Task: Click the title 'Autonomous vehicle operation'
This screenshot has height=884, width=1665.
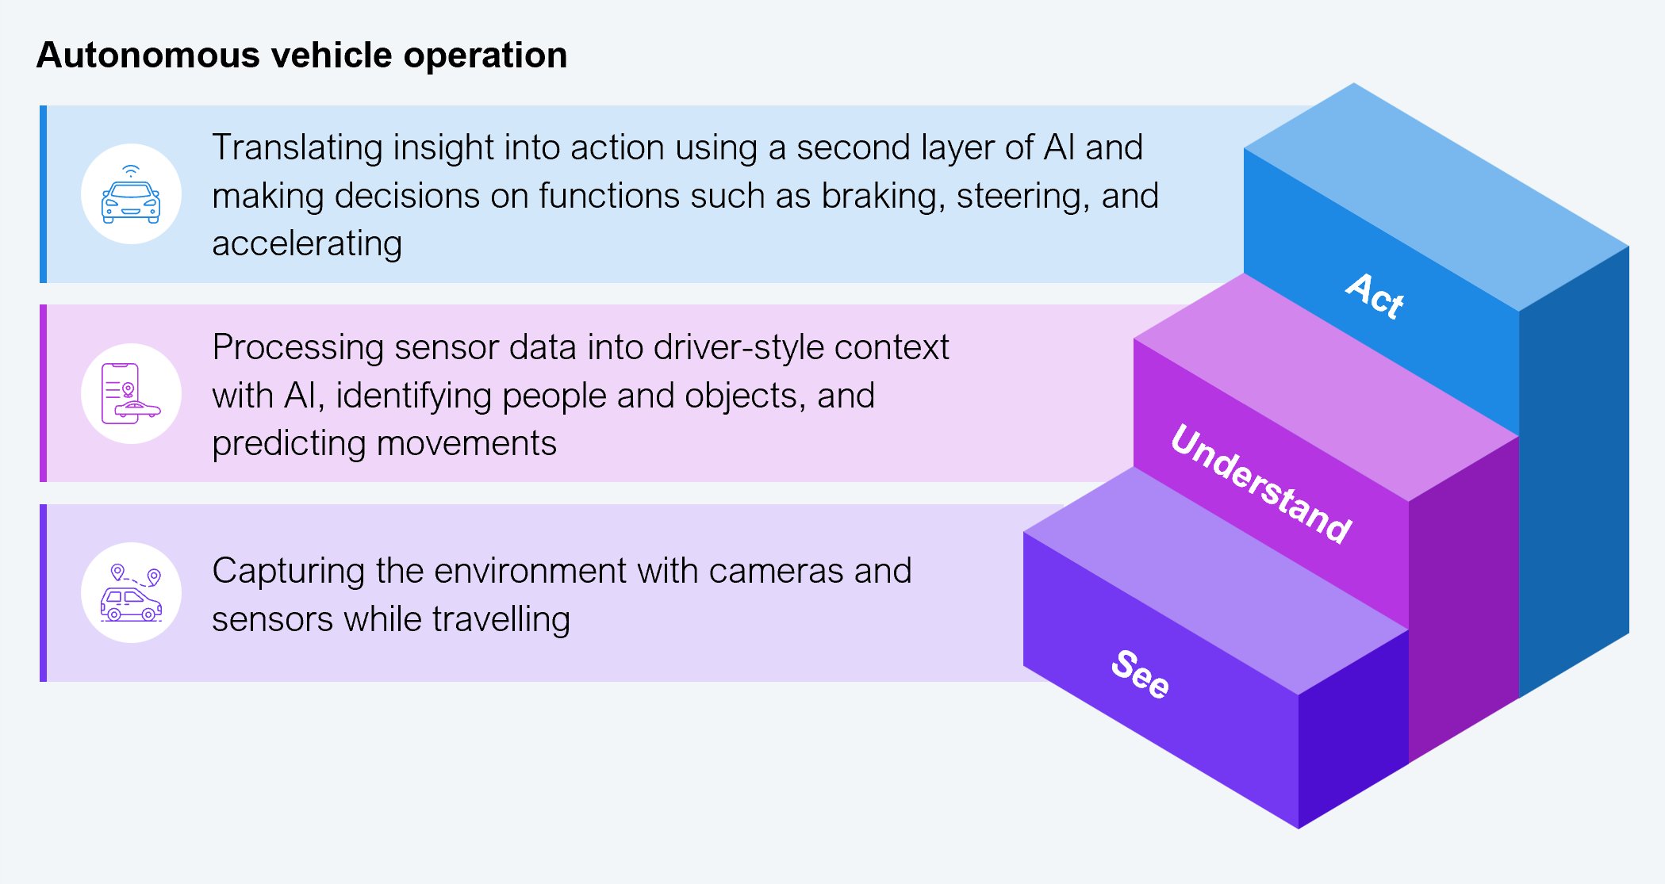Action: pos(301,55)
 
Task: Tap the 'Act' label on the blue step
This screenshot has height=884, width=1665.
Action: pos(1375,296)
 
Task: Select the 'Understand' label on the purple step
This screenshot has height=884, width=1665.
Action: pos(1261,483)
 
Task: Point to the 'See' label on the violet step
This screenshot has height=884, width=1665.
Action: pos(1140,674)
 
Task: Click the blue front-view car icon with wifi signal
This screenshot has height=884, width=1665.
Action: pos(131,194)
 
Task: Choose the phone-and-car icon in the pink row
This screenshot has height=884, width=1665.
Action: pos(131,394)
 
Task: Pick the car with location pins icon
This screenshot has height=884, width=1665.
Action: pos(131,593)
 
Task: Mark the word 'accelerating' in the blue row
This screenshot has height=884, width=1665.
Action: pos(307,243)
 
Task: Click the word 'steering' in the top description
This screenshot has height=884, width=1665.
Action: pos(1023,196)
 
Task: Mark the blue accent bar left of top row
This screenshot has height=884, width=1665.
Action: pos(44,194)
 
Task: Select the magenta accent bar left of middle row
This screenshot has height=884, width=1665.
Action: pos(44,393)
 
